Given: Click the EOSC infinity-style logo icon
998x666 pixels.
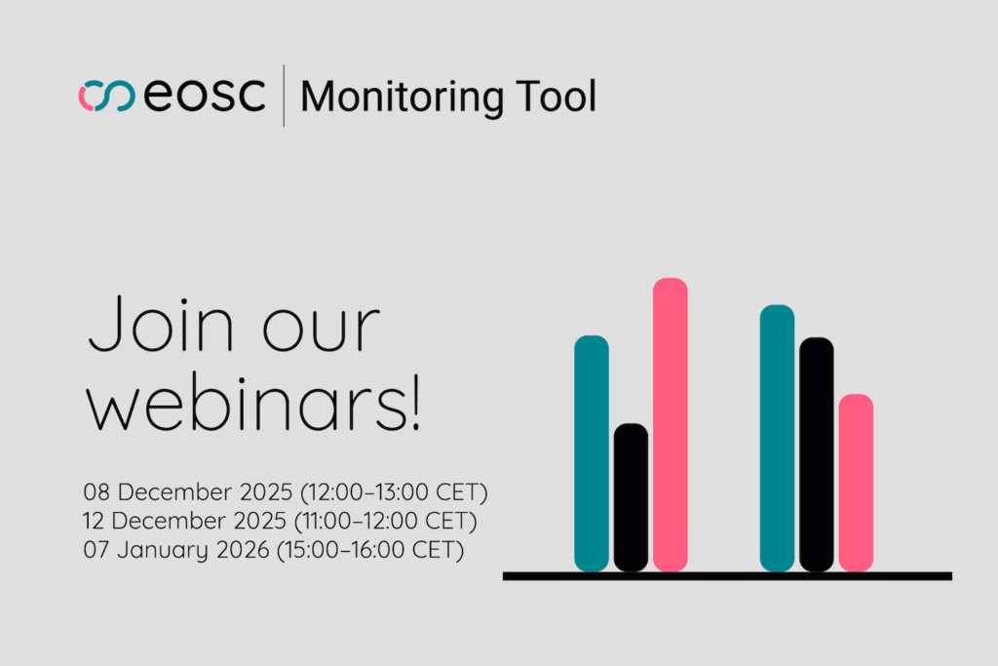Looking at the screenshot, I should (x=106, y=97).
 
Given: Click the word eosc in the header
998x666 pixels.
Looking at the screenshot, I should (x=205, y=97).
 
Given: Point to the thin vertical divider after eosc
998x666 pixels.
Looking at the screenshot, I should (x=284, y=96).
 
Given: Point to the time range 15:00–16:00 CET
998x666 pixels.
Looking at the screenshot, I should (x=370, y=550).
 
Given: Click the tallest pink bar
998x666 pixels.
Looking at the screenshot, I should (x=670, y=424).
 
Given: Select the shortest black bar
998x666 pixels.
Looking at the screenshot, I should (x=631, y=497).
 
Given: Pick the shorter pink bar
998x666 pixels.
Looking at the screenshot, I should (x=856, y=483).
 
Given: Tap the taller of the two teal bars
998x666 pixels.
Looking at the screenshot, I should (x=777, y=438).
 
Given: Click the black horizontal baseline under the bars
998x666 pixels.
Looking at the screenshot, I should (x=727, y=576).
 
